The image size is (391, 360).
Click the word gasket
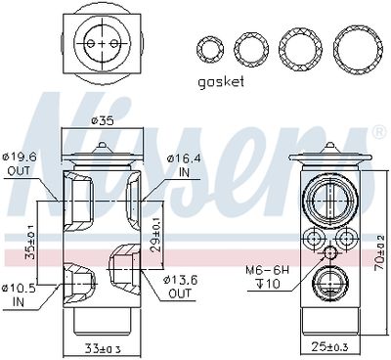[221, 81]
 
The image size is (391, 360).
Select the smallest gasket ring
[198, 50]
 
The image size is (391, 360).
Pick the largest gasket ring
[336, 50]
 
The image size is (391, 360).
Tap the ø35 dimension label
[103, 121]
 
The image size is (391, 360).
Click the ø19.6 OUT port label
[20, 164]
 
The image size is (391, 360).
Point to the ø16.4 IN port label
[184, 165]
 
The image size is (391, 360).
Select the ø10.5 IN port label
[19, 295]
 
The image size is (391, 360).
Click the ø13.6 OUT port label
[181, 287]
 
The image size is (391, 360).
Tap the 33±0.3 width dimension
[103, 349]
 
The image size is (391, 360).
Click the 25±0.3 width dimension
[329, 347]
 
